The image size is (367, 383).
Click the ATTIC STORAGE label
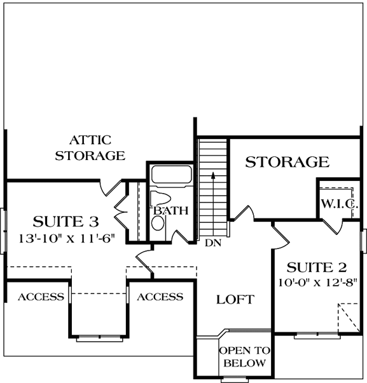point(90,147)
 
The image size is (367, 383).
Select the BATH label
point(170,210)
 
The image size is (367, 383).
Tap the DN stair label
point(212,243)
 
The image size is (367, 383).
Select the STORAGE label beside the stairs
point(287,162)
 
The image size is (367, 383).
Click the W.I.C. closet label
point(339,205)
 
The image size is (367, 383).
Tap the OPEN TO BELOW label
point(244,357)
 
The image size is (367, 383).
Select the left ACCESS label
point(40,297)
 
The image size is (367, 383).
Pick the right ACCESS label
point(160,297)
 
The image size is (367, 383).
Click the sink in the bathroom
point(158,222)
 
